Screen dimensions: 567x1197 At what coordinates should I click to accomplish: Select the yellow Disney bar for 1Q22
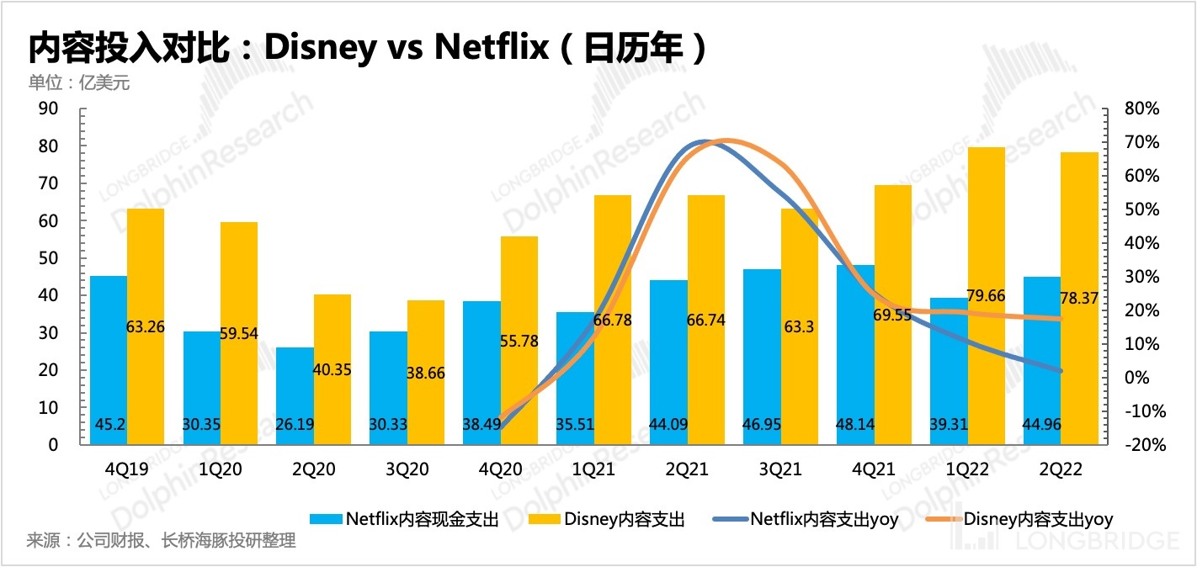(x=986, y=295)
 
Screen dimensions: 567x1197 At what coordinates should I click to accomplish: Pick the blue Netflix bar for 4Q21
(x=855, y=354)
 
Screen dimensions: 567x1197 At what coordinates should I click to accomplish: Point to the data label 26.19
(x=294, y=424)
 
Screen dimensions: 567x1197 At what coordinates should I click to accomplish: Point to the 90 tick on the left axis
(x=46, y=109)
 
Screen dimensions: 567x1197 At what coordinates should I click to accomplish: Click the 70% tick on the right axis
(x=1140, y=142)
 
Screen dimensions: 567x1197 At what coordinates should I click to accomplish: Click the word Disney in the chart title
(x=319, y=48)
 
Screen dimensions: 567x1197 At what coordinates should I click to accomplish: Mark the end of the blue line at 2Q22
(x=1060, y=370)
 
